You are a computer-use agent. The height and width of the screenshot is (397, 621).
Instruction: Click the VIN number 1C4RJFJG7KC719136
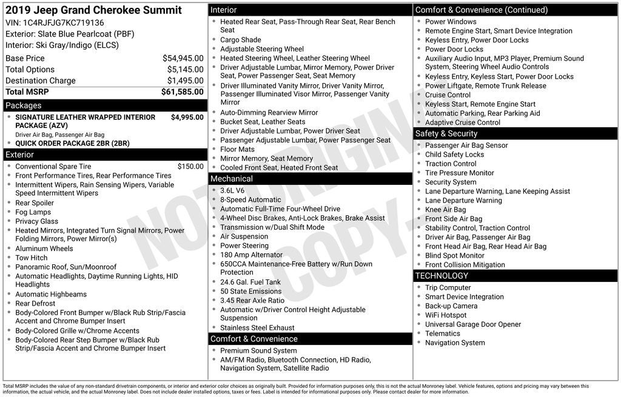[63, 23]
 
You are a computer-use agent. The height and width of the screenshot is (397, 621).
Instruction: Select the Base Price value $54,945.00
[183, 58]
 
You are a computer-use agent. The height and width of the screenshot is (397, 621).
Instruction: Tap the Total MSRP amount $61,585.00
[182, 92]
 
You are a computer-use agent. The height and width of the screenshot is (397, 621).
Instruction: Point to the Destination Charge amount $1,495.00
[185, 81]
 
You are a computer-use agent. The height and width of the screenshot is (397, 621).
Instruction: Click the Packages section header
[24, 105]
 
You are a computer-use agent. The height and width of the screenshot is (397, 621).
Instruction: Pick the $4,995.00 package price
[187, 117]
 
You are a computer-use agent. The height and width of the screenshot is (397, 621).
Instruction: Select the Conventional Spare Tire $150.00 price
[190, 166]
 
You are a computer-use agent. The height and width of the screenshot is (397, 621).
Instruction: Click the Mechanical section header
[232, 179]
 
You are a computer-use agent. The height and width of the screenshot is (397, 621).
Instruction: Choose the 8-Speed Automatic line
[250, 199]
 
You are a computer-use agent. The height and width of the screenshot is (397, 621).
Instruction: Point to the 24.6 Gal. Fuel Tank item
[250, 282]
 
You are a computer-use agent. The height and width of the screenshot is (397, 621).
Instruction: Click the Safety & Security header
[446, 133]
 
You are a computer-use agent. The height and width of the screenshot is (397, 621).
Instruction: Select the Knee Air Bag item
[445, 210]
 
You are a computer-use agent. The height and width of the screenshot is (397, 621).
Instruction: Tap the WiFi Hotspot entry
[446, 315]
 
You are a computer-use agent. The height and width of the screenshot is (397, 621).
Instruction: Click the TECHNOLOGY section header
[441, 276]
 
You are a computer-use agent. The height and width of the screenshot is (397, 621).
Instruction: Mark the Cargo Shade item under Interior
[241, 40]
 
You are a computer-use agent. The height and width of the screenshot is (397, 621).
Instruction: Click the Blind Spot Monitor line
[454, 256]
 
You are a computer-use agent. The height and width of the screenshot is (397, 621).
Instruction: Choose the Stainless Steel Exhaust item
[257, 328]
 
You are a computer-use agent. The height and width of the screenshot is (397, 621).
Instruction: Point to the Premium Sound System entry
[258, 350]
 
